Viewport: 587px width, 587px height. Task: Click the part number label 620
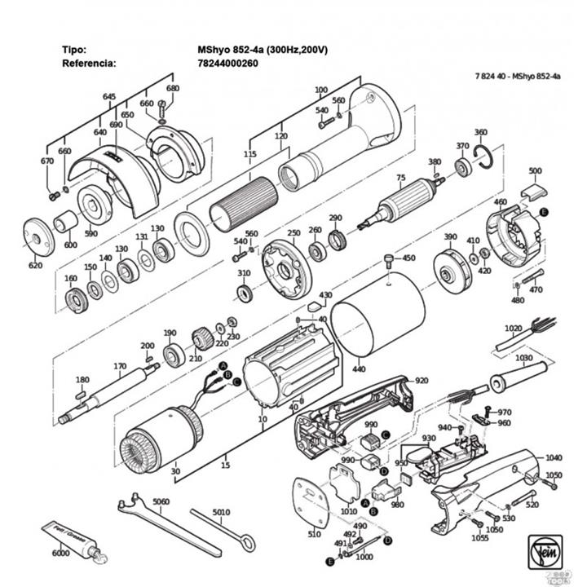[35, 266]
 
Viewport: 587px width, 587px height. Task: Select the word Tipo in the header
[73, 49]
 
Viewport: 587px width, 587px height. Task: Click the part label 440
[358, 370]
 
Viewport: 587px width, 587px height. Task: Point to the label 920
[421, 381]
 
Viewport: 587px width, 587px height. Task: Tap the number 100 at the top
[320, 90]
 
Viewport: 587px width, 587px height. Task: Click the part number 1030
[523, 357]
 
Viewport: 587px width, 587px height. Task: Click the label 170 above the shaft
[121, 366]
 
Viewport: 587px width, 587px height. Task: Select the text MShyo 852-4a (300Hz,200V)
[262, 49]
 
